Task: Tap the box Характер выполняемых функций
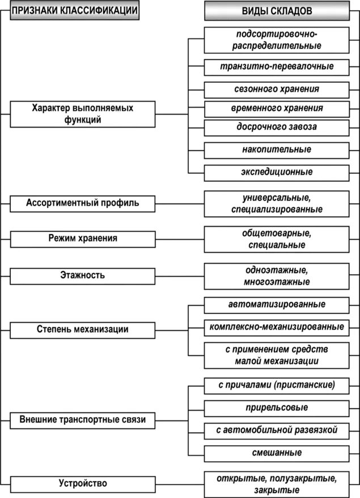[83, 113]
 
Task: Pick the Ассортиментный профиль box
[83, 202]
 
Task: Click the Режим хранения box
[83, 238]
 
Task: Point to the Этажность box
[83, 276]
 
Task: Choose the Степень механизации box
[83, 329]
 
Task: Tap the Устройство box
[83, 484]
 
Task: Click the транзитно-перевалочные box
[277, 66]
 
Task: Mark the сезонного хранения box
[277, 89]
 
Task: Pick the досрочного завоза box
[277, 127]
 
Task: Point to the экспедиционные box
[277, 172]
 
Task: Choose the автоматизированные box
[277, 305]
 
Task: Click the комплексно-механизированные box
[277, 327]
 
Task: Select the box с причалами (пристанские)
[277, 385]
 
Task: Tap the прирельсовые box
[277, 408]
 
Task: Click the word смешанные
[277, 453]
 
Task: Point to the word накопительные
[277, 150]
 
